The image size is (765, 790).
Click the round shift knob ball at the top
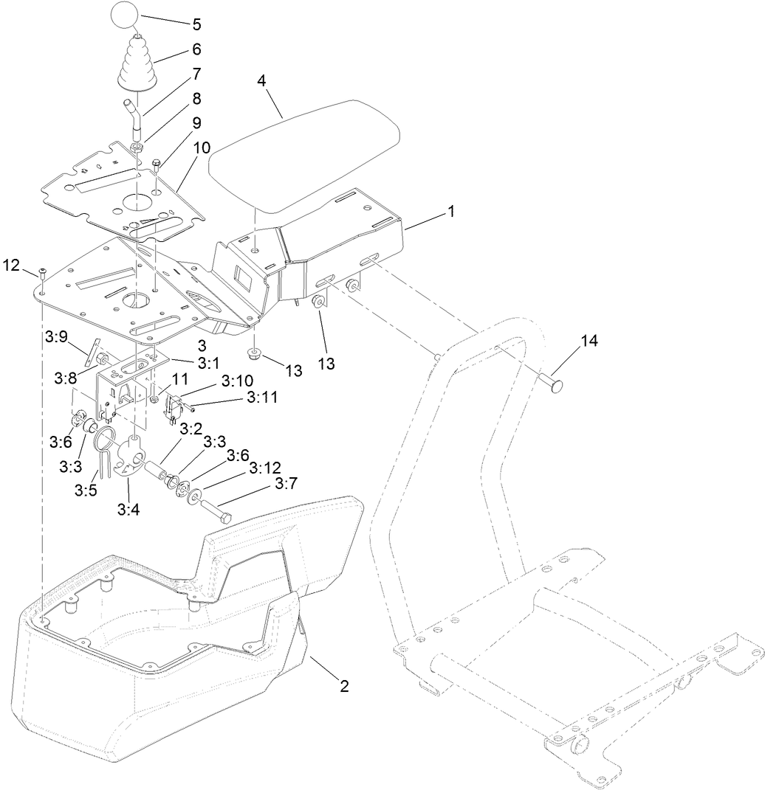point(126,15)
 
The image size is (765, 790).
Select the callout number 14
point(590,341)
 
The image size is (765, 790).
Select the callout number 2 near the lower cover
point(343,686)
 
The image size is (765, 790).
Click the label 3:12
point(265,468)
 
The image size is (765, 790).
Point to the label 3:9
point(56,336)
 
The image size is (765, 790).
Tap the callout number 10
point(201,148)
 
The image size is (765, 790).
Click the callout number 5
point(196,24)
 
